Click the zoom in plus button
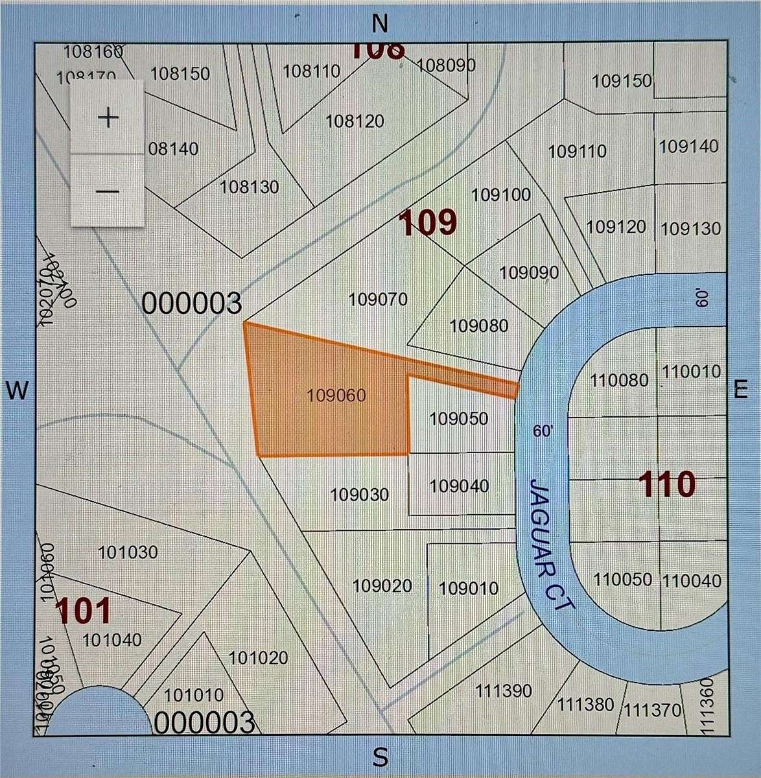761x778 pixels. pos(108,117)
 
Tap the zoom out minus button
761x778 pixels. pos(108,191)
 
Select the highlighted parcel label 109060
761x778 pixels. pos(336,395)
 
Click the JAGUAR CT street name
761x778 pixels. pos(550,543)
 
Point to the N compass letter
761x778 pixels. pos(380,23)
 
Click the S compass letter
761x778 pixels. pos(380,756)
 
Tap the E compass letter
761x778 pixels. pos(740,389)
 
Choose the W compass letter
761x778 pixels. pos(18,390)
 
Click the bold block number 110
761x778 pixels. pos(666,484)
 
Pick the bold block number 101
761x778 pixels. pos(83,611)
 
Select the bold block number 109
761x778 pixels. pos(427,223)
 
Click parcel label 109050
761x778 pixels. pos(459,419)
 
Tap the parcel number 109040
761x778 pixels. pos(460,485)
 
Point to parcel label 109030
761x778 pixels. pos(360,495)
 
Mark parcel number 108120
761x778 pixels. pos(355,121)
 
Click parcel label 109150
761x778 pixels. pos(622,81)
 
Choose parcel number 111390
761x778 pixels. pos(504,691)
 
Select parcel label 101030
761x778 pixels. pos(128,552)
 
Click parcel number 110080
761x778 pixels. pos(619,380)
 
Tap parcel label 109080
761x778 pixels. pos(479,325)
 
